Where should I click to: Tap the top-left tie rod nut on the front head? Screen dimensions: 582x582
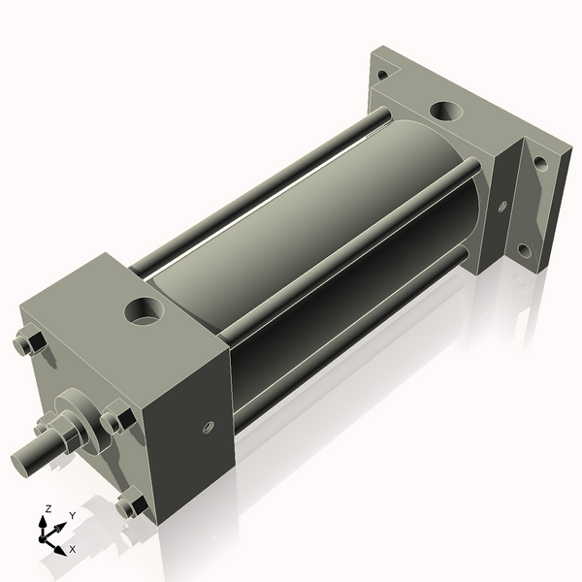28,344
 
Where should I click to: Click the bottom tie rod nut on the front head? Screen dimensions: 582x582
130,505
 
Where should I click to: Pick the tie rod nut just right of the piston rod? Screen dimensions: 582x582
115,420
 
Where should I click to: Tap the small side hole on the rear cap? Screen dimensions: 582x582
502,206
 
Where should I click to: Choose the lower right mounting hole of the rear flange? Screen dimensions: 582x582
525,250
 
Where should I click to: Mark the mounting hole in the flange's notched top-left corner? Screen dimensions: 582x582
382,71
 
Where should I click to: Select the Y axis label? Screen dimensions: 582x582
72,516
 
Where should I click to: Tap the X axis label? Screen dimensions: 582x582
73,549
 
